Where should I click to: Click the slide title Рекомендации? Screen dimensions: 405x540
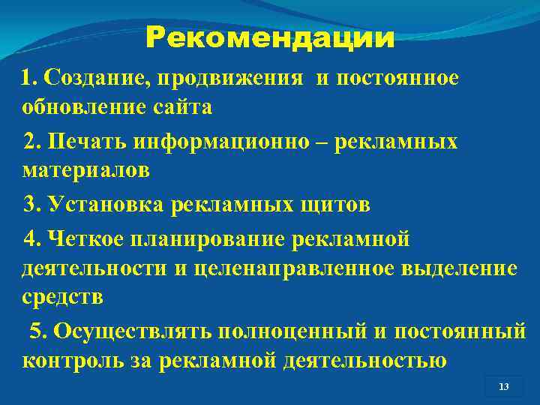pos(270,37)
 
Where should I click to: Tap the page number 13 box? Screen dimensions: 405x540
pos(503,386)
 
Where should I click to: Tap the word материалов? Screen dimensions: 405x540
pos(86,171)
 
